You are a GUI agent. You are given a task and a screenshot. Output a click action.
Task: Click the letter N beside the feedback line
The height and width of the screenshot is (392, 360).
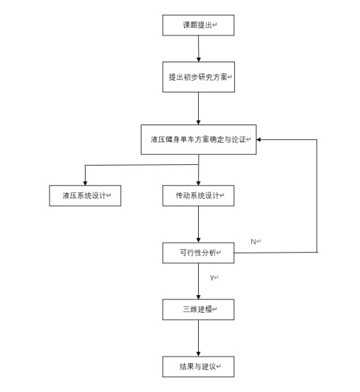pos(253,242)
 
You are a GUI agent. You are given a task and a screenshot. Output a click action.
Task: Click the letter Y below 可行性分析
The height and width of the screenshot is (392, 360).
pos(212,278)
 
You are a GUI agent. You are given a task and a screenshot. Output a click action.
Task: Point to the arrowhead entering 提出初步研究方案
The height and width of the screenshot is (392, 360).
pos(199,59)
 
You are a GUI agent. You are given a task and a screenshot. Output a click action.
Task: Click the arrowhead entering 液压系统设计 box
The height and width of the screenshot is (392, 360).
pos(85,183)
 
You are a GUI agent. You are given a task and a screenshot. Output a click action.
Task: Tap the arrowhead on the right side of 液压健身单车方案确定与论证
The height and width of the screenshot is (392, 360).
pos(259,139)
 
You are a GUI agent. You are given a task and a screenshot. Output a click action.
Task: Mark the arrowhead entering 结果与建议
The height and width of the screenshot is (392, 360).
pos(198,354)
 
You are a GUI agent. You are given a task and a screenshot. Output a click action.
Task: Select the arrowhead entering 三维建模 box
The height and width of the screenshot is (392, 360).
pos(198,297)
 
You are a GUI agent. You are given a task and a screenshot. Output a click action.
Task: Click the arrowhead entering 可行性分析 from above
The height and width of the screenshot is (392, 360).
pos(198,240)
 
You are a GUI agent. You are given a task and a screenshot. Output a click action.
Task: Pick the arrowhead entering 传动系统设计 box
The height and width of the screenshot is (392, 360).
pos(198,183)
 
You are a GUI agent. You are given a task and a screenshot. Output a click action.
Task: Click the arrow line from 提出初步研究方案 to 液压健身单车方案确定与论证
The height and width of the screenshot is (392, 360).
pos(198,108)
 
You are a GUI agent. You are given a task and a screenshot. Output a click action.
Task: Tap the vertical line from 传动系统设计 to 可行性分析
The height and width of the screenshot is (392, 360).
pos(198,224)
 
